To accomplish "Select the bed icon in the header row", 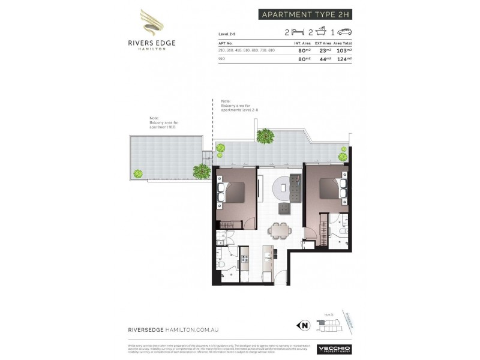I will tap(296, 32).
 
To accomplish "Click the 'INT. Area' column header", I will tap(301, 43).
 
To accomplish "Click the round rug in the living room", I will tap(281, 188).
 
